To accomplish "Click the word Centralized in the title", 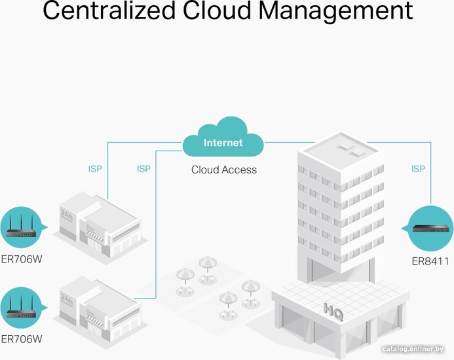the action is [109, 11].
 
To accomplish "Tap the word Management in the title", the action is [335, 11].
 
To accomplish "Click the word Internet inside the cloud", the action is [223, 143].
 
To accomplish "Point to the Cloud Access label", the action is [224, 170].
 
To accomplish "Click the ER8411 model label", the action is [430, 261].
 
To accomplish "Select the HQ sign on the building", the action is [333, 312].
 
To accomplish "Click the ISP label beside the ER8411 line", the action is [418, 169].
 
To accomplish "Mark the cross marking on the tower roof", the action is [351, 151].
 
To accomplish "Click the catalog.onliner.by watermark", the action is [413, 350].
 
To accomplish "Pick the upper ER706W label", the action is [22, 259].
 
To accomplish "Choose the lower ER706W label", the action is [22, 339].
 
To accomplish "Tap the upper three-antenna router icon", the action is [21, 226].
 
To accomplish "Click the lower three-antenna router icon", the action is [21, 307].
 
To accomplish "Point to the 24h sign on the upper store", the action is [66, 216].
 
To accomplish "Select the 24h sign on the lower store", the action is [66, 300].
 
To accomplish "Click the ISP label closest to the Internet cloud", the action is [143, 169].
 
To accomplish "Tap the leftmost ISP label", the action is [95, 169].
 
